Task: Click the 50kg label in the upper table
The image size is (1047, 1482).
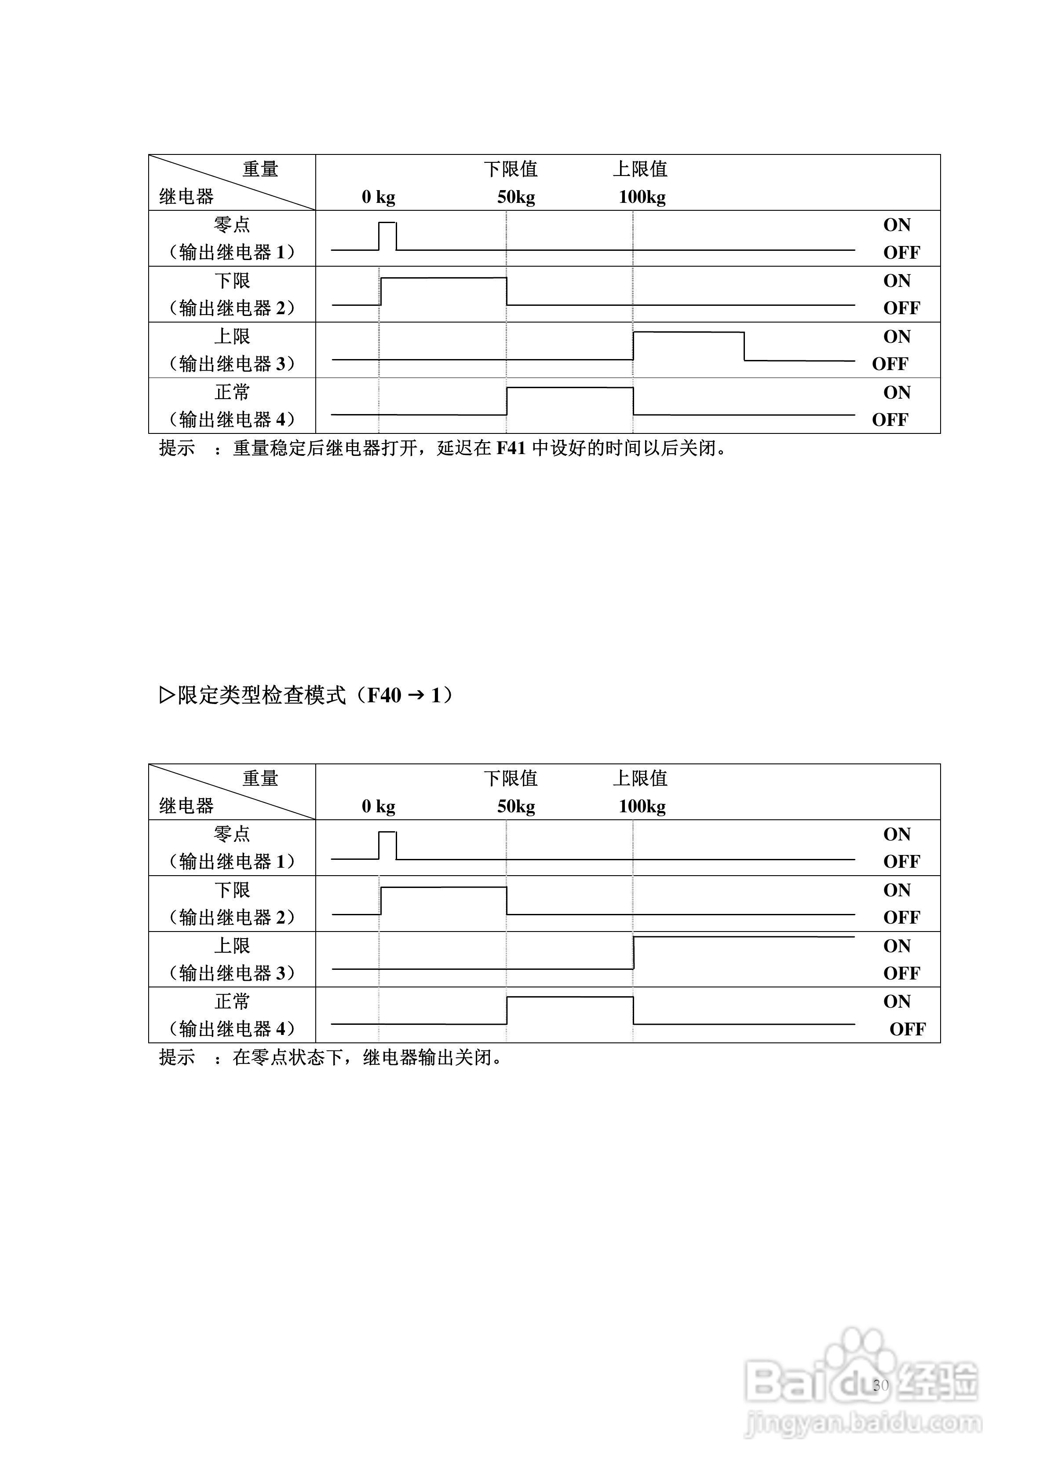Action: (x=515, y=197)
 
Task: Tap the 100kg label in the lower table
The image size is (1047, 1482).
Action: (x=642, y=806)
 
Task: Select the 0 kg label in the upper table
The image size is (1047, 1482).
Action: (x=378, y=197)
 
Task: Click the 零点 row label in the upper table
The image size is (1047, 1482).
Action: (x=232, y=224)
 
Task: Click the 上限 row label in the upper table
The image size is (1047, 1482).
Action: (x=232, y=336)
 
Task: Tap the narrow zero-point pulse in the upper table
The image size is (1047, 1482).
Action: (x=387, y=235)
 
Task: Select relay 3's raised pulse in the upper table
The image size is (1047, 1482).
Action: (x=688, y=345)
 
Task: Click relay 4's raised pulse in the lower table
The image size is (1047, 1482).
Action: (x=569, y=1010)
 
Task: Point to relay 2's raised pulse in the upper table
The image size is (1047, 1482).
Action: (x=443, y=290)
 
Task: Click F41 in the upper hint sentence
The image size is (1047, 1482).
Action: (x=511, y=448)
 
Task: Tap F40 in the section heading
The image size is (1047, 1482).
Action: (x=384, y=696)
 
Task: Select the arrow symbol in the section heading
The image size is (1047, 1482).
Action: (x=416, y=696)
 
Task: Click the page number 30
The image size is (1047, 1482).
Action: (x=881, y=1384)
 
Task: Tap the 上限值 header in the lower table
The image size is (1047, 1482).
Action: (x=640, y=778)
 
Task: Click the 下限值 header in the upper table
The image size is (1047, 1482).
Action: (x=510, y=169)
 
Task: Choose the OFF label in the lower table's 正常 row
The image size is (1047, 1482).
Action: (x=907, y=1029)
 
